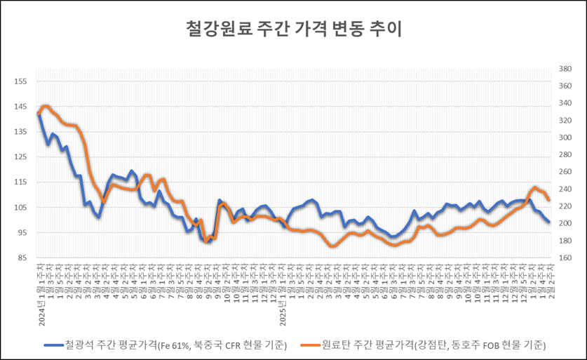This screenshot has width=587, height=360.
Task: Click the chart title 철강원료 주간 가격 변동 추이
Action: pos(293,29)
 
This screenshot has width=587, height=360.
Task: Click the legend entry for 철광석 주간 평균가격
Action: pos(175,345)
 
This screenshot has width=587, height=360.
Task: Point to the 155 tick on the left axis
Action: pos(20,81)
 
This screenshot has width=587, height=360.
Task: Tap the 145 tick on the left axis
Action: pos(20,107)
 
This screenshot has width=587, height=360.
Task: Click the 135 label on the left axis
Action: pos(20,132)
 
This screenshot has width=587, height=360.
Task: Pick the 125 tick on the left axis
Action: pos(20,157)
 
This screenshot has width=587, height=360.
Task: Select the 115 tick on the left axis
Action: pos(20,182)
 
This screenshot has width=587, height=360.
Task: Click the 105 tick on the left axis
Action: pos(20,208)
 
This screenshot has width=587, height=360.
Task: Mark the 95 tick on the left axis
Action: pos(22,233)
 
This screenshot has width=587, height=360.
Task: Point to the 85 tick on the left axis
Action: pos(22,258)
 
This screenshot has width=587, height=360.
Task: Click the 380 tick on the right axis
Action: pos(566,69)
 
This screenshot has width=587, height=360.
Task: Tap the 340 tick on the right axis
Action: pos(566,104)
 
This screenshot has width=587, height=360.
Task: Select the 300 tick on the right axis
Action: pos(566,138)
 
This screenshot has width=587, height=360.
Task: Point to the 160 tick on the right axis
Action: pos(566,258)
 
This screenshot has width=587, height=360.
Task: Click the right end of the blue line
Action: pos(548,222)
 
